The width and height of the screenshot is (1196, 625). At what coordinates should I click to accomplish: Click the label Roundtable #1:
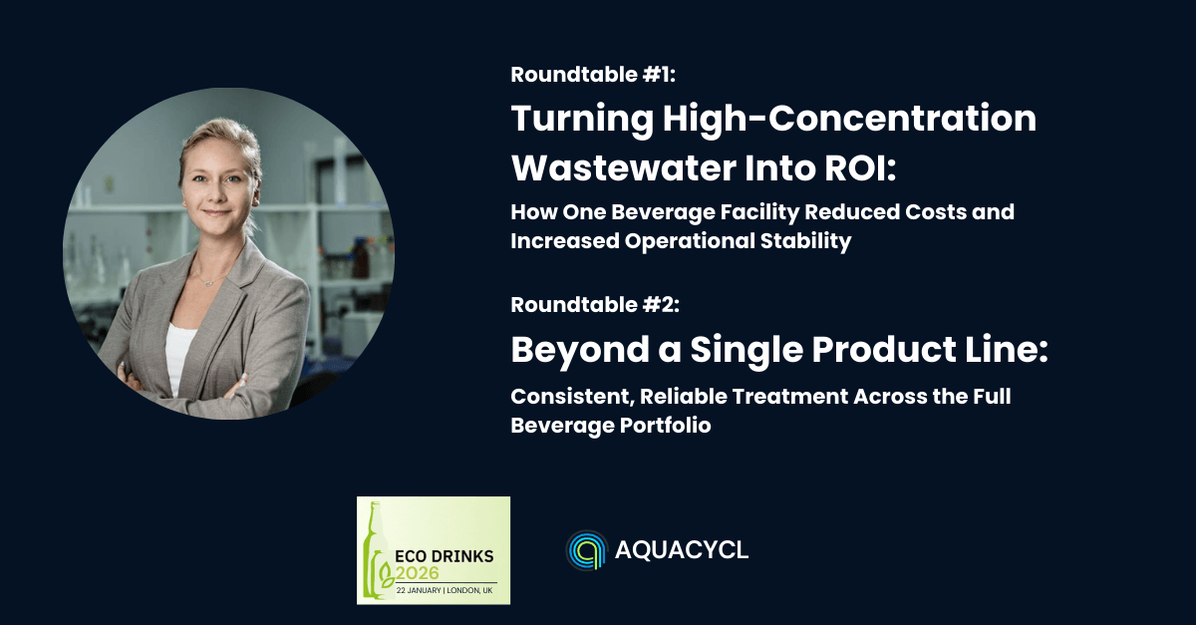point(593,74)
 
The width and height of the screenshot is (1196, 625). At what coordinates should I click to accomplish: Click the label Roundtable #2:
point(595,304)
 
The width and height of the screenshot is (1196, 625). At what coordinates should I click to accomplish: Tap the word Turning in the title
point(582,120)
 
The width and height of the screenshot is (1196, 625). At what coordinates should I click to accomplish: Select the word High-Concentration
point(849,118)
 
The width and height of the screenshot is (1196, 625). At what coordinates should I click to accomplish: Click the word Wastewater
point(624,167)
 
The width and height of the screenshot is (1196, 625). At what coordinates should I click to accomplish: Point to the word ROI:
point(860,167)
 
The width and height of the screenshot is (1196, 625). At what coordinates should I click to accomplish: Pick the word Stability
point(805,241)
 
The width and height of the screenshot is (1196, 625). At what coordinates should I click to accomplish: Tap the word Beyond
point(579,351)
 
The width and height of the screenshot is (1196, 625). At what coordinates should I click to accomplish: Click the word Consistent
point(571,397)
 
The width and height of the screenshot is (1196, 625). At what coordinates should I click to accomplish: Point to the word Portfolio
point(665,426)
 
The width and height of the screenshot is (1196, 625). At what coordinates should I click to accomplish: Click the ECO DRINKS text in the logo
point(445,556)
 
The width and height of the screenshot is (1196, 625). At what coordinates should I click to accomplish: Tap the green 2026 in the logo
point(417,573)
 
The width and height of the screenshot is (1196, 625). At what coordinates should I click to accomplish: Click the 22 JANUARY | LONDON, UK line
point(445,590)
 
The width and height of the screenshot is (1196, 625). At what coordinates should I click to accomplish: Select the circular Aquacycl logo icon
point(586,549)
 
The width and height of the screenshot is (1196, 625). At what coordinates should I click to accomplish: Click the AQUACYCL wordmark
point(682,549)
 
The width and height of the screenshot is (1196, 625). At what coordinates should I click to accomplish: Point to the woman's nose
point(217,193)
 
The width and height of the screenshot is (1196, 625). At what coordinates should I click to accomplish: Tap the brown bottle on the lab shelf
point(361,259)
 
